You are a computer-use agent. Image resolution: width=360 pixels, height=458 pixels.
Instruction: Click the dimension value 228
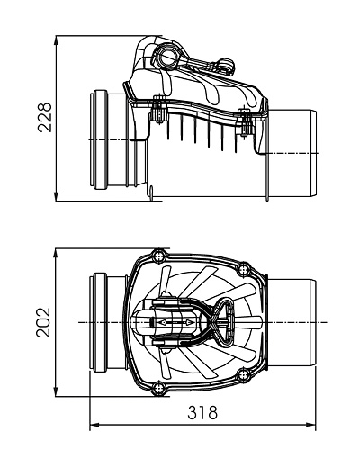[x=45, y=117]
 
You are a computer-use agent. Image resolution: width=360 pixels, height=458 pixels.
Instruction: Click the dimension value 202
[x=44, y=322]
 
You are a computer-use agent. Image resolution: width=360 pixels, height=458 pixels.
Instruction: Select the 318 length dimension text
[x=202, y=412]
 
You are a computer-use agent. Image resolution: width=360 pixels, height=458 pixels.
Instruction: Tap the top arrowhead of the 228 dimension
[x=56, y=41]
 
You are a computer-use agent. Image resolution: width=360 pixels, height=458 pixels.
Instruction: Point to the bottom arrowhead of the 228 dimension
[x=56, y=196]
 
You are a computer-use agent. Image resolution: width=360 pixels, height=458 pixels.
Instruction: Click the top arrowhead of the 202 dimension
[x=56, y=254]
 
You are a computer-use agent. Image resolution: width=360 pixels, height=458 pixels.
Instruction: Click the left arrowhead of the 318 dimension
[x=94, y=425]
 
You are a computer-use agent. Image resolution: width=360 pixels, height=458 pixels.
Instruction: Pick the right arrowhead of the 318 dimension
[x=310, y=425]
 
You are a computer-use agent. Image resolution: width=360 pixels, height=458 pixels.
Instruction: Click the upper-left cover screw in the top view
[x=158, y=256]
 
